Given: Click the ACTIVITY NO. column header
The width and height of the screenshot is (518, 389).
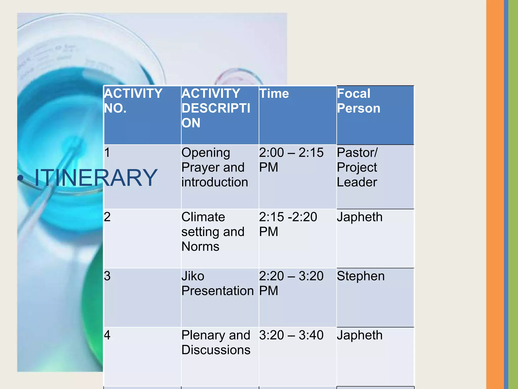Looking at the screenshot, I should (x=133, y=101).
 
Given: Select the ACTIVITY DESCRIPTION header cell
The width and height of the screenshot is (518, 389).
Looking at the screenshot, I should (x=216, y=108).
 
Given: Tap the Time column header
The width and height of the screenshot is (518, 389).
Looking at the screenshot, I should (x=274, y=93).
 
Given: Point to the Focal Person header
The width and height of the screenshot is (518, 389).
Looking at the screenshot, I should (x=358, y=101).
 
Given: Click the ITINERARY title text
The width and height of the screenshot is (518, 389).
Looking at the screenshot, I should (x=96, y=178).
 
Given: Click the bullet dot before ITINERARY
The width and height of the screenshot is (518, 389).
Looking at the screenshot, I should (x=21, y=178).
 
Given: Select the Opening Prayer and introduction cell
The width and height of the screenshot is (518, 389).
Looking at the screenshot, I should (x=214, y=167).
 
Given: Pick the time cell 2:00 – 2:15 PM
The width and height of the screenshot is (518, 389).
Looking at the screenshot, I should (x=291, y=160).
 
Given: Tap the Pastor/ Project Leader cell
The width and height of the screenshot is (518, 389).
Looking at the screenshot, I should (x=357, y=167).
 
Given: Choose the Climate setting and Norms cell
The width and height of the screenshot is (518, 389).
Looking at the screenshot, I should (x=213, y=232).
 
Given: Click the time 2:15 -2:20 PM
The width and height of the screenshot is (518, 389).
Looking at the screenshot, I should (x=288, y=224).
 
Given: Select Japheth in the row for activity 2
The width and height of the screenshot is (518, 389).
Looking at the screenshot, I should (x=359, y=217).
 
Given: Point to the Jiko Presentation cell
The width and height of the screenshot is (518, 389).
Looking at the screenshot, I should (x=218, y=283).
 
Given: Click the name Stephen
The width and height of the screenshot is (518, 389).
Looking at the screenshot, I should (x=361, y=276).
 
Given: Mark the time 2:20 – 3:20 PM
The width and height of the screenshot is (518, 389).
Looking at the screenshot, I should (x=291, y=283).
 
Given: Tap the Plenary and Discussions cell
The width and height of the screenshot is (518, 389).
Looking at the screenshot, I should (x=216, y=342).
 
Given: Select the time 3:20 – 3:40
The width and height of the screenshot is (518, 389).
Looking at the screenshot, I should (x=291, y=335).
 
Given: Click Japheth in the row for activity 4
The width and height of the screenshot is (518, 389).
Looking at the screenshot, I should (x=359, y=335).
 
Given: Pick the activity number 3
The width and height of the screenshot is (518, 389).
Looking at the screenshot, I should (x=107, y=276).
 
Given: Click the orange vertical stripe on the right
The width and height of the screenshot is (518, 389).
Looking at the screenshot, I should (x=495, y=194).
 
